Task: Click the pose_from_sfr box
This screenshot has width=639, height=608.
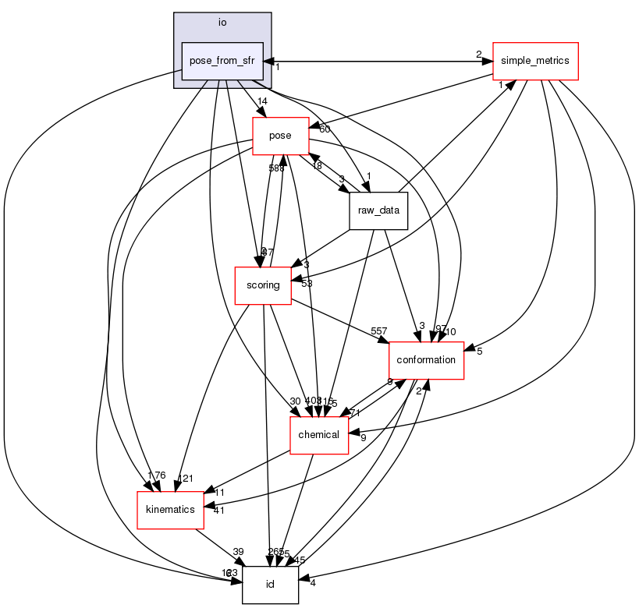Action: [x=222, y=61]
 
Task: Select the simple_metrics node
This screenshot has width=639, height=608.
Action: [x=534, y=61]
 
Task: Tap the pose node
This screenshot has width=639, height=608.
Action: [x=279, y=136]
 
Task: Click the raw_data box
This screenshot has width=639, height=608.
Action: [x=378, y=210]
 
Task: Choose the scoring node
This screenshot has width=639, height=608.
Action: [x=263, y=285]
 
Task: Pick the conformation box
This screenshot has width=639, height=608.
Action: [x=426, y=360]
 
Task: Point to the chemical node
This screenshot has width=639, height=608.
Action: [x=318, y=435]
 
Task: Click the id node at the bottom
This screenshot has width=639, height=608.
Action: [x=270, y=585]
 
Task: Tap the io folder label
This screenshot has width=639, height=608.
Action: [x=222, y=23]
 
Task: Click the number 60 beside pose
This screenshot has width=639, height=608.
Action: [x=324, y=129]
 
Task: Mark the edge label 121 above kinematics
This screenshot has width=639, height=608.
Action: [x=185, y=479]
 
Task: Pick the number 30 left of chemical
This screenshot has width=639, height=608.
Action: [x=294, y=401]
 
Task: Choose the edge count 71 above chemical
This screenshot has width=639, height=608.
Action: [x=354, y=413]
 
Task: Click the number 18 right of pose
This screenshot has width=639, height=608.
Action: [x=317, y=166]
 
